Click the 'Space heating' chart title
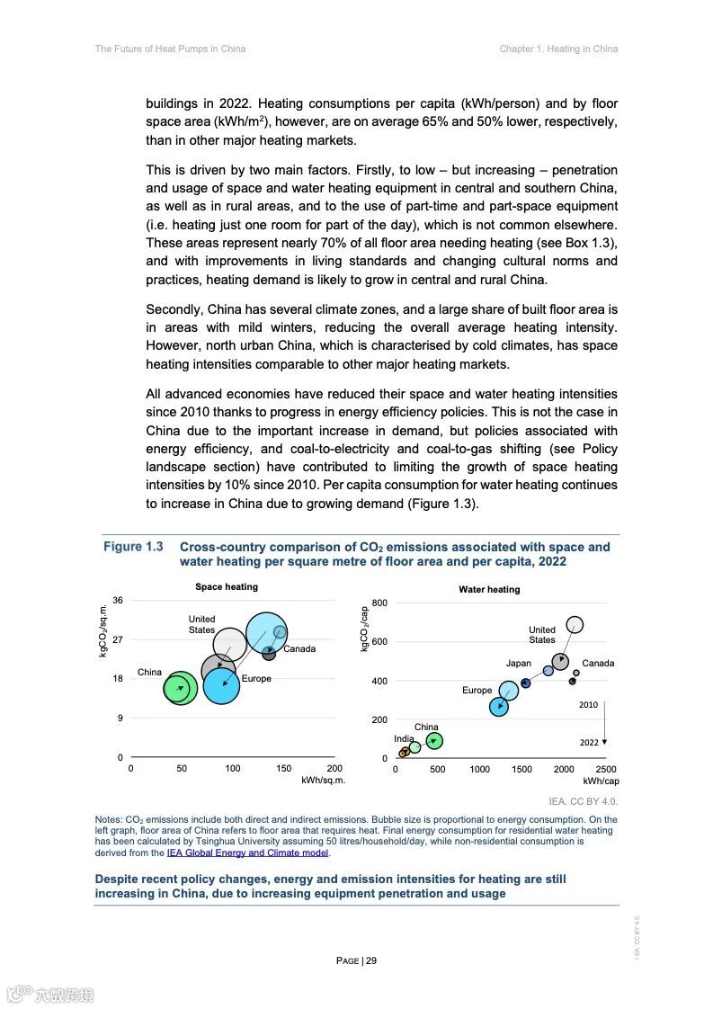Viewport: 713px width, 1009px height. tap(227, 587)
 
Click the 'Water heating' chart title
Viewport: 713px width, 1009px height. tap(489, 590)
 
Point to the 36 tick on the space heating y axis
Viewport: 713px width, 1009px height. tap(118, 601)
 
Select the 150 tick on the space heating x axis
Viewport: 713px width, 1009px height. tap(284, 769)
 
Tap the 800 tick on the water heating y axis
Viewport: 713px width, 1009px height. tap(380, 603)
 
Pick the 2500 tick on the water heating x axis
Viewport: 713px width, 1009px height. tap(606, 770)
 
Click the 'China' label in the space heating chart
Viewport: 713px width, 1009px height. tap(149, 673)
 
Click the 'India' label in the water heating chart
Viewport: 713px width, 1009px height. tap(404, 738)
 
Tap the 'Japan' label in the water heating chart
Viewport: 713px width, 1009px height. tap(518, 664)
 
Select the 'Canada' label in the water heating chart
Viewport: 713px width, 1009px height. tap(598, 664)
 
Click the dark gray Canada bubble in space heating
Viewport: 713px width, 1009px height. tap(269, 653)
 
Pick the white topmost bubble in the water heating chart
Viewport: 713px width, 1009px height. tap(575, 624)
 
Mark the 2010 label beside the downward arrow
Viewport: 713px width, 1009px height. tap(588, 706)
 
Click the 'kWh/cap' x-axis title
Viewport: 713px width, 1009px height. tap(601, 781)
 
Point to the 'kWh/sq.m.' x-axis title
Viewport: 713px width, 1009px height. tap(324, 781)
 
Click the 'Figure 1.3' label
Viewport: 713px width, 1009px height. tap(133, 547)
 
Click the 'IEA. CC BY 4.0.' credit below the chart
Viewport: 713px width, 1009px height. tap(583, 800)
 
